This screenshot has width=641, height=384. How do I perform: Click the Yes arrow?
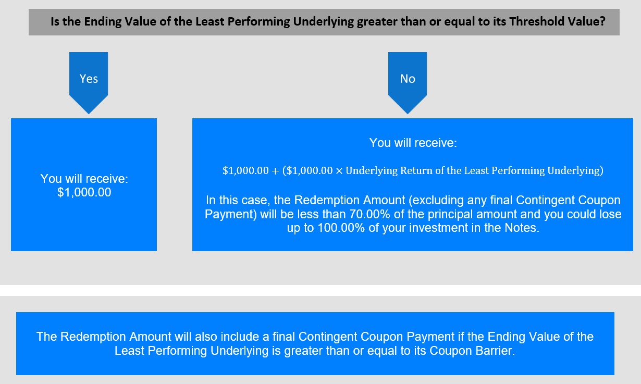89,82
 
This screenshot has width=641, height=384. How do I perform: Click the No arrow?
408,82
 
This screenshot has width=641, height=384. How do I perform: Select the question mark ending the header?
602,21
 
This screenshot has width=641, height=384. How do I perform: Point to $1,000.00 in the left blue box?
84,192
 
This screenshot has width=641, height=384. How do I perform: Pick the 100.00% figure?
341,228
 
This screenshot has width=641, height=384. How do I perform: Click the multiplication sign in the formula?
339,171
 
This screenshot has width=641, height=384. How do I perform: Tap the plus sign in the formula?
275,171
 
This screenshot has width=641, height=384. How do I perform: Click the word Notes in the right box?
521,228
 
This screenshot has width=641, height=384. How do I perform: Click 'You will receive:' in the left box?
84,179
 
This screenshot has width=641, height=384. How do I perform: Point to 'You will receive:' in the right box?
413,143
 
